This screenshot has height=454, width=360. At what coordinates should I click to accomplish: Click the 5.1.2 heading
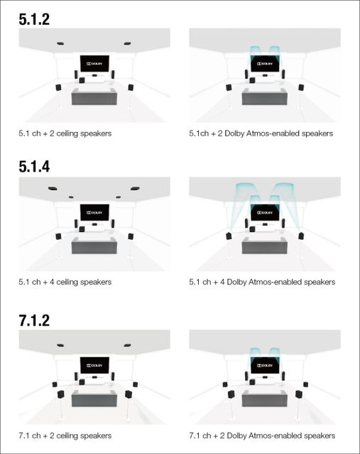(x=34, y=19)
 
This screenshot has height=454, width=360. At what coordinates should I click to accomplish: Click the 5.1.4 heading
(x=34, y=167)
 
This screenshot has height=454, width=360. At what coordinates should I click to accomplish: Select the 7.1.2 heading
(x=34, y=321)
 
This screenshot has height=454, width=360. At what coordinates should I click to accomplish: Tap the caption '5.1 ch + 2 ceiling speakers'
(x=65, y=133)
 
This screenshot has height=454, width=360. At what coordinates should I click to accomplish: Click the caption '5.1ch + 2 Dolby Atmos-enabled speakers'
(x=261, y=133)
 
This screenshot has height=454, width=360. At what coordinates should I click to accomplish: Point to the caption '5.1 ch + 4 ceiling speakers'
(x=65, y=282)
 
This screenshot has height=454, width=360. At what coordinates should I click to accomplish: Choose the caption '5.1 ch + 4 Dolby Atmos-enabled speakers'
(x=262, y=282)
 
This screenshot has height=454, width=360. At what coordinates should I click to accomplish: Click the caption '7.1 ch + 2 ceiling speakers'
(x=65, y=436)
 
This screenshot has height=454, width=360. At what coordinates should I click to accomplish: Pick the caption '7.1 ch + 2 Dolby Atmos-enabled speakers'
(x=262, y=436)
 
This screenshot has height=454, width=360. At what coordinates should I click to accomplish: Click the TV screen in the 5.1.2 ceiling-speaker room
(x=94, y=64)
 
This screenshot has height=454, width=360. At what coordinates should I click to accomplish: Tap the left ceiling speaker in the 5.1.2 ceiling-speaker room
(x=60, y=44)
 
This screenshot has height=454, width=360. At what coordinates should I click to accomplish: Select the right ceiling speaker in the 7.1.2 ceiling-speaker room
(x=127, y=345)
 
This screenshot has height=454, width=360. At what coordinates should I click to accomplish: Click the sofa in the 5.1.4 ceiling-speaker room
(x=94, y=245)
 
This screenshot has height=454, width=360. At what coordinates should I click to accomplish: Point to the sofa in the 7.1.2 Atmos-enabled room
(x=265, y=399)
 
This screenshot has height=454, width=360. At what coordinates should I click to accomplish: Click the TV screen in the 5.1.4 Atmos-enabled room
(x=265, y=213)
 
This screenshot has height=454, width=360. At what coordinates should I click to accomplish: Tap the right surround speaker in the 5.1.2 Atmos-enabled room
(x=301, y=87)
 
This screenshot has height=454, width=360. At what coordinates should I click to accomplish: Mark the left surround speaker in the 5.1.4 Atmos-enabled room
(x=229, y=236)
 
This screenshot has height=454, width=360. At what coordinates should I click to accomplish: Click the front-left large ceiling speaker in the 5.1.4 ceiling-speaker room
(x=53, y=189)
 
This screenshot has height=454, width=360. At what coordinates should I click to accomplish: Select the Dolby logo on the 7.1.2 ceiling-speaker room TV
(x=94, y=365)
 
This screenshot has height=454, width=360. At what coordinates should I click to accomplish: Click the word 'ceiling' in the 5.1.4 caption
(x=67, y=282)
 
